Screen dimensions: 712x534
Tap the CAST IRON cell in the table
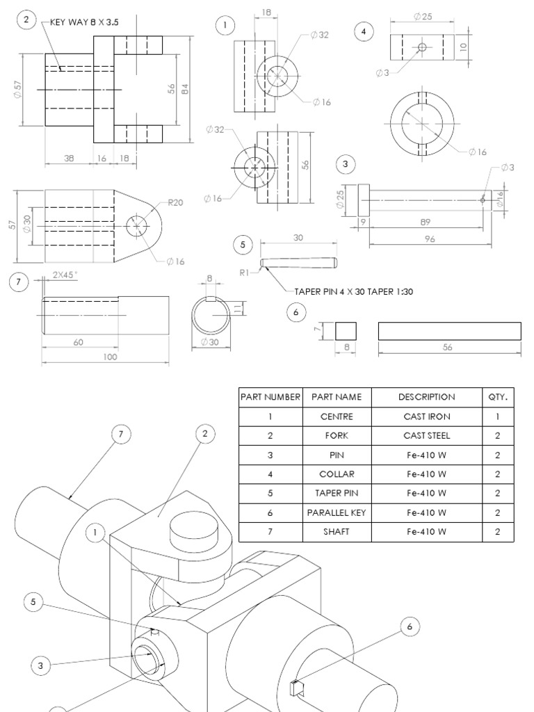427,416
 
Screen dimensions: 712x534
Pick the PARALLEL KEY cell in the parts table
337,512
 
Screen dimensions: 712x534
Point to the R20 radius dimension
175,204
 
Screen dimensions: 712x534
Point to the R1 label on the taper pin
245,273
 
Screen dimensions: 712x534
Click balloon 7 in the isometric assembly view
121,435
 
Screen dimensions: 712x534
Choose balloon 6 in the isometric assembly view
410,626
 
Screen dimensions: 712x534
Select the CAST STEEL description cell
427,436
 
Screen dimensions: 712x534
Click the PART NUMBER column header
270,397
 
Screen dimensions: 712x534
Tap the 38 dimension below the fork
69,159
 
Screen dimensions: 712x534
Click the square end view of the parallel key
346,330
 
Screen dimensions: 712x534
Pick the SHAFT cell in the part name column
337,532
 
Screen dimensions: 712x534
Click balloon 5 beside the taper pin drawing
243,245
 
